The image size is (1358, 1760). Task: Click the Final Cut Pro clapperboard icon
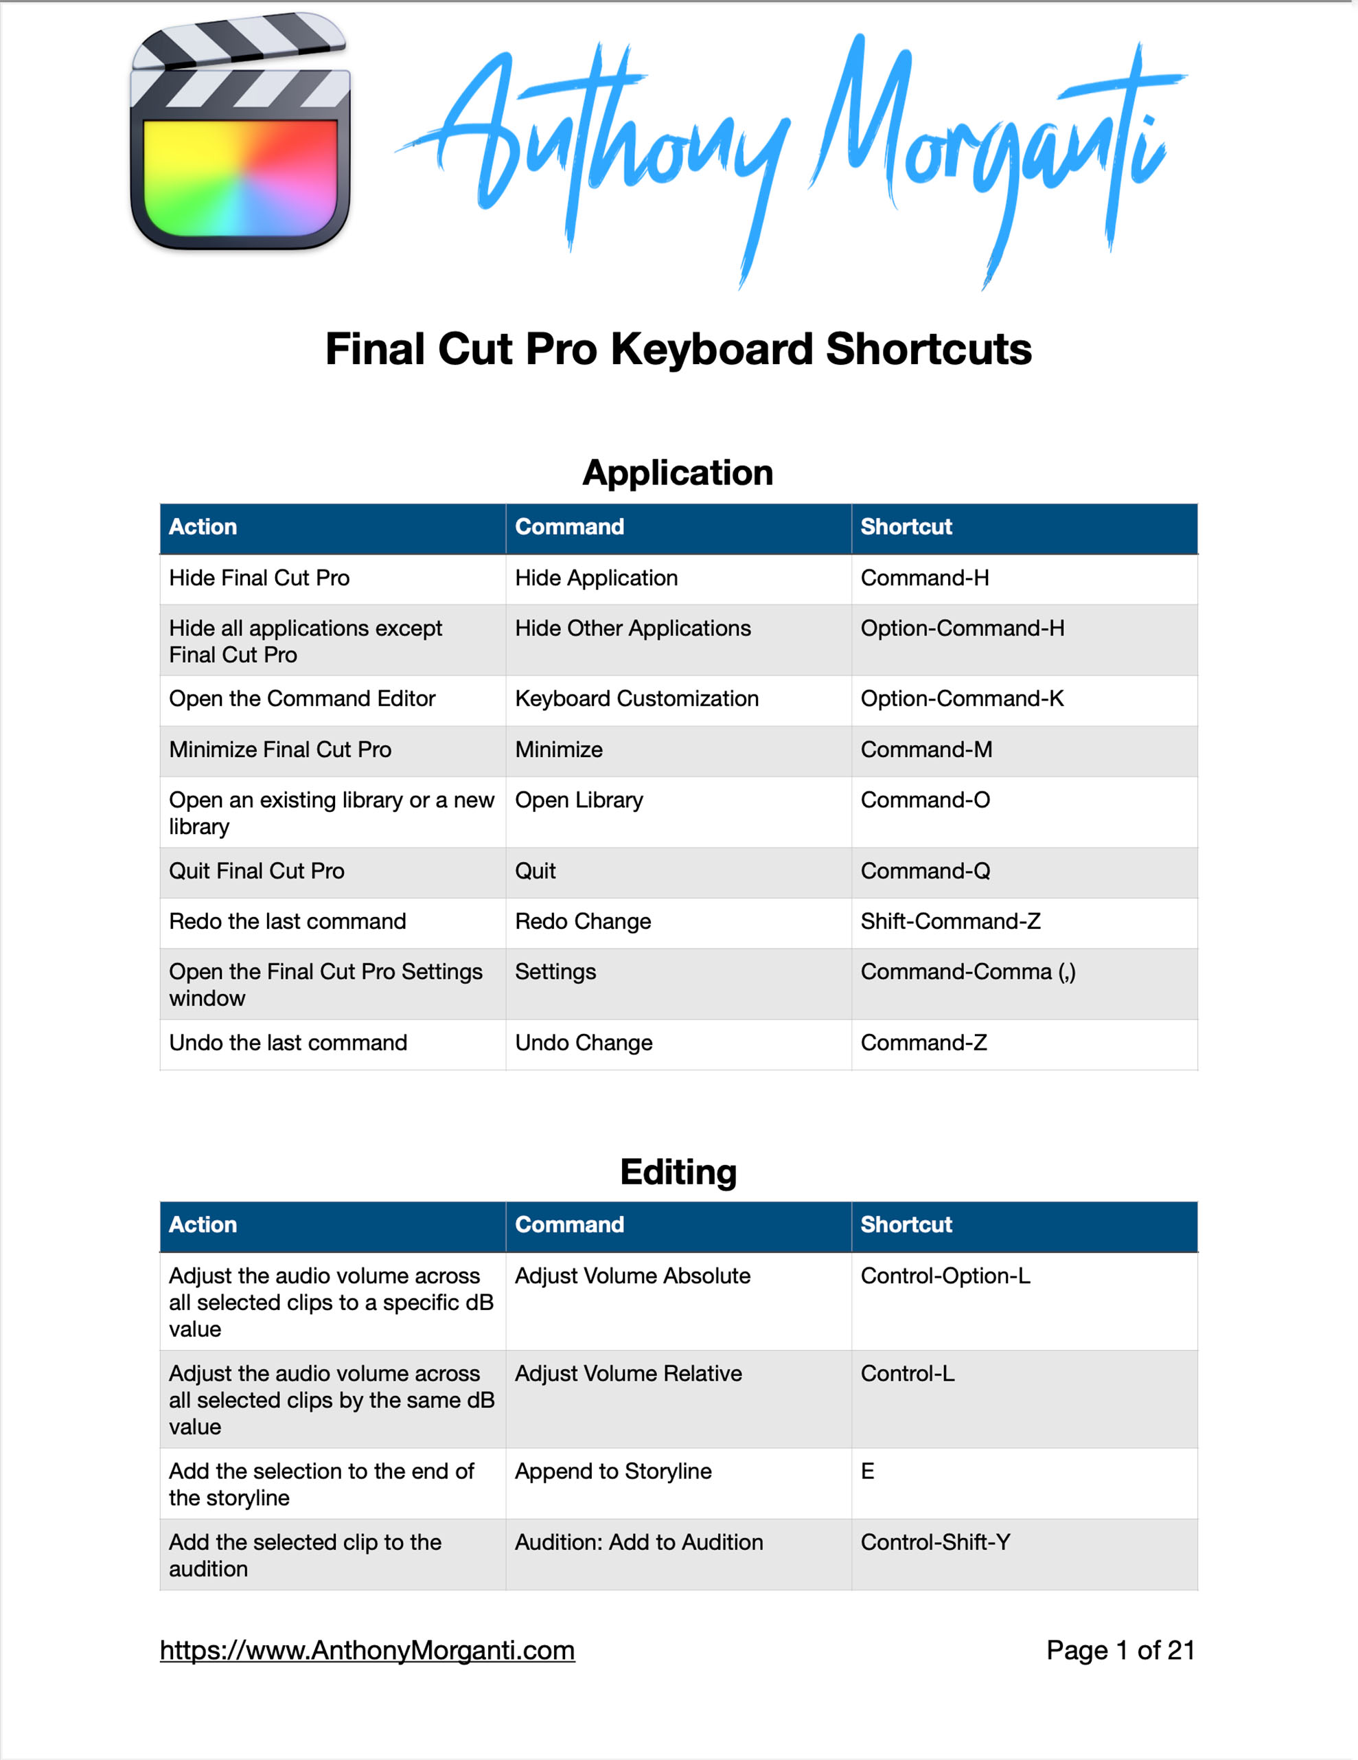point(240,133)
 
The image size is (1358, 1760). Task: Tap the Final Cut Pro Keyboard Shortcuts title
point(678,349)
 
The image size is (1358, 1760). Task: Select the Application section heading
point(678,472)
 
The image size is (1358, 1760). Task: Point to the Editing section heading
point(678,1172)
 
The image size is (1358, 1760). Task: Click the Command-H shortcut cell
point(925,578)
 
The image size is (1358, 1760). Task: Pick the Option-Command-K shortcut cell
point(962,699)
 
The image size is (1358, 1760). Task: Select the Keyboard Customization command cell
point(636,699)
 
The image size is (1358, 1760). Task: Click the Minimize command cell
point(559,749)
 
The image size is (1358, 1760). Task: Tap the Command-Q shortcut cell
point(925,871)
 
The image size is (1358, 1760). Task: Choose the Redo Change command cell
point(583,921)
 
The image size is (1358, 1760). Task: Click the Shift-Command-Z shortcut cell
point(950,921)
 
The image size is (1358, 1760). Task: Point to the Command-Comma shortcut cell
point(967,972)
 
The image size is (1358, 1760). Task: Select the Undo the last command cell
point(288,1043)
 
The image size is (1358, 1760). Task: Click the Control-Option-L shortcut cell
point(945,1276)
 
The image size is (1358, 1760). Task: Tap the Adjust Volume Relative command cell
point(628,1373)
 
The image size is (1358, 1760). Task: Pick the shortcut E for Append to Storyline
point(868,1471)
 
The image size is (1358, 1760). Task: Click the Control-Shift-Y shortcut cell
point(935,1542)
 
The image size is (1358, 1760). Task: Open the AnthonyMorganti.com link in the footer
point(367,1650)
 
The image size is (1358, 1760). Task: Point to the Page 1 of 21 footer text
point(1120,1650)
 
